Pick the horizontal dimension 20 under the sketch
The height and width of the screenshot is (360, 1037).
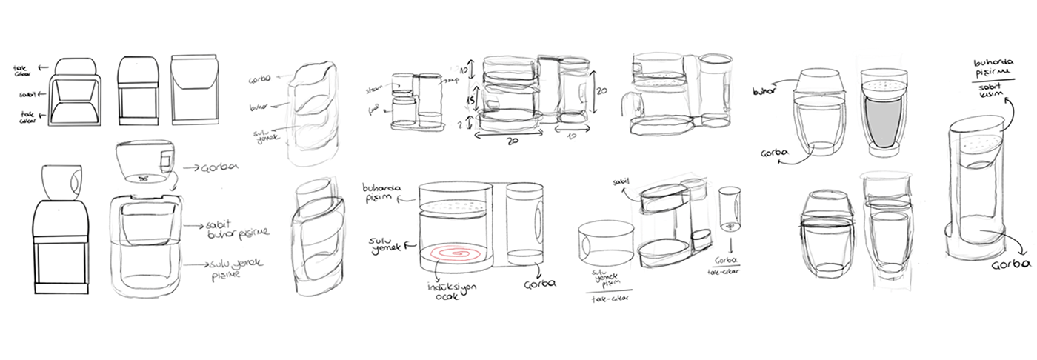coord(509,141)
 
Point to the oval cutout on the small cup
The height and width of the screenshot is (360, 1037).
coord(76,182)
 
